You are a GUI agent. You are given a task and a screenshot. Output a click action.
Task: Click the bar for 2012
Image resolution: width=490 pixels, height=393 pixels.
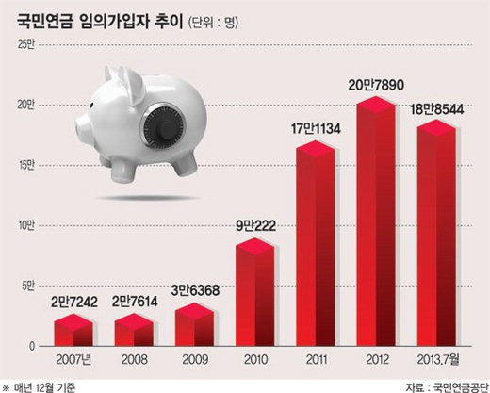pos(376,221)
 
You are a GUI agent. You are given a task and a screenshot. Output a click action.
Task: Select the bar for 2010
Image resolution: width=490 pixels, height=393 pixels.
pos(255,292)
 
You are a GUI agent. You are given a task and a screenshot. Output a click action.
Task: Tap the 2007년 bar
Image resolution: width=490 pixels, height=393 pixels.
pos(73,330)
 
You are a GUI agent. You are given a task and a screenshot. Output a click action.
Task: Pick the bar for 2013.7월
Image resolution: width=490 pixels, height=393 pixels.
pos(436,233)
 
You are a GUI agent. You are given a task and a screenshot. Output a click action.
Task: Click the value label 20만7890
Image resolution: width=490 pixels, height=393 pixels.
pos(376,85)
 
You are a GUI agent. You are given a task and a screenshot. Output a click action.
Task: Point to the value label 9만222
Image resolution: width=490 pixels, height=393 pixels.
pos(255,226)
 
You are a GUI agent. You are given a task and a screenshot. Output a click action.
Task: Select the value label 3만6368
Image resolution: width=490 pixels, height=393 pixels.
pos(195,290)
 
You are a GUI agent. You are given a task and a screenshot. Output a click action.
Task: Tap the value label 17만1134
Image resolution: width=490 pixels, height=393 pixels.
pos(316,129)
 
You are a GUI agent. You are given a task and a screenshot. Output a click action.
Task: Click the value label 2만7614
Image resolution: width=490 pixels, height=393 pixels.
pos(135,302)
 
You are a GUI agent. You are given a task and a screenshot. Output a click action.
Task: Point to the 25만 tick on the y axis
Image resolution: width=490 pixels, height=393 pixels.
pos(25,45)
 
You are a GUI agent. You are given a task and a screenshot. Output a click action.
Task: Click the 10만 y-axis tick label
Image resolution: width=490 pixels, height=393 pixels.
pos(25,226)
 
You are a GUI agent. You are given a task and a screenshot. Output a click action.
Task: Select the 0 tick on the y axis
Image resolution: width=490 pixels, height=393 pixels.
pos(32,347)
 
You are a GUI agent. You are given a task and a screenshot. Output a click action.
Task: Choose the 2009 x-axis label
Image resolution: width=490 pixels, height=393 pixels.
pos(195,360)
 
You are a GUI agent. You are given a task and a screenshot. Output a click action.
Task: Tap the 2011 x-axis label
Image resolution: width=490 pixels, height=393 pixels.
pos(316,360)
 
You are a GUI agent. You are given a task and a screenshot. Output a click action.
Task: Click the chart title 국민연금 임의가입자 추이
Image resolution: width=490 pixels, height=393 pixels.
pos(100,22)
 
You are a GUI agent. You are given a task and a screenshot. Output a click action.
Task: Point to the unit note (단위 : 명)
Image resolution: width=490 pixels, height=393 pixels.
pos(213,23)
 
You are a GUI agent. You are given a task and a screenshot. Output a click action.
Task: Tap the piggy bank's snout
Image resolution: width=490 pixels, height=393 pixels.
pos(81,126)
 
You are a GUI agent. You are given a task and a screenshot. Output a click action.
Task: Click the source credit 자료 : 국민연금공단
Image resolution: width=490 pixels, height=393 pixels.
pos(448,387)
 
